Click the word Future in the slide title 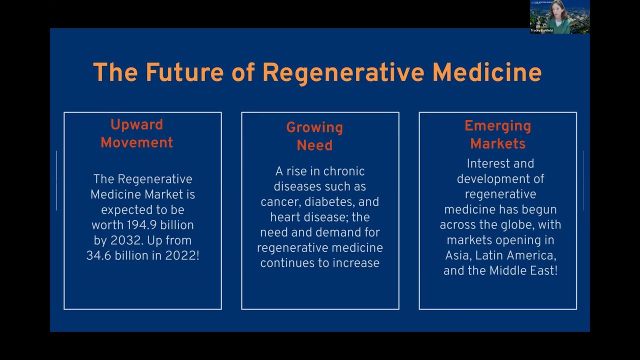coord(184,72)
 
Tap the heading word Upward coord(136,124)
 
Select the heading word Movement coord(136,142)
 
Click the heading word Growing coord(314,128)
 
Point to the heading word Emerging coord(497,126)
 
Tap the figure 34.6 coord(99,255)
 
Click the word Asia coord(457,255)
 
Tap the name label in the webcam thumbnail coord(542,30)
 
